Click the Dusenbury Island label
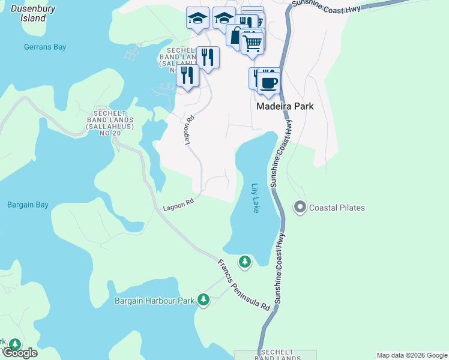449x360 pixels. tap(25, 14)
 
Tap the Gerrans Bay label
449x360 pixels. tap(45, 47)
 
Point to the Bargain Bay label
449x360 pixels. tap(28, 205)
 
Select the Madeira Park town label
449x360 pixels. tap(285, 106)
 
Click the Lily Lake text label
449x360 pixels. tap(256, 198)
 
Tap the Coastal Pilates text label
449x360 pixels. tap(337, 208)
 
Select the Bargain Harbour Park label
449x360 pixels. tap(154, 300)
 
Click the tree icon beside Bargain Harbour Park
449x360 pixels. tap(203, 299)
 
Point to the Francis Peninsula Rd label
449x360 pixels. tap(244, 284)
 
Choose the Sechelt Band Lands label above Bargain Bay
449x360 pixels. tap(108, 122)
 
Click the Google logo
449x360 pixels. tap(19, 353)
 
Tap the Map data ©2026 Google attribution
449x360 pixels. tap(411, 355)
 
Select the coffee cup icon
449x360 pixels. tap(269, 82)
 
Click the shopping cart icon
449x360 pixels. tap(253, 42)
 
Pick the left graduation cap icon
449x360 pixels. tap(197, 18)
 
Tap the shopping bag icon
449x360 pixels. tap(235, 35)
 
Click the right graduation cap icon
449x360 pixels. tap(223, 18)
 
